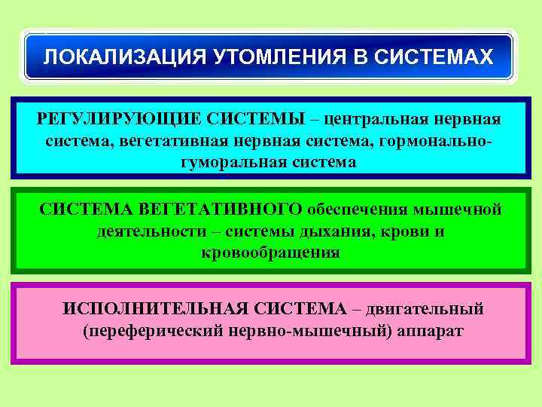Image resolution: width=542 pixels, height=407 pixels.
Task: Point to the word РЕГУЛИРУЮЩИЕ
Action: click(116, 120)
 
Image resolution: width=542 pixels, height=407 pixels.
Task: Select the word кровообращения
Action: click(271, 252)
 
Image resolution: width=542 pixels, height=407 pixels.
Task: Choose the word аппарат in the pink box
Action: click(430, 331)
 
